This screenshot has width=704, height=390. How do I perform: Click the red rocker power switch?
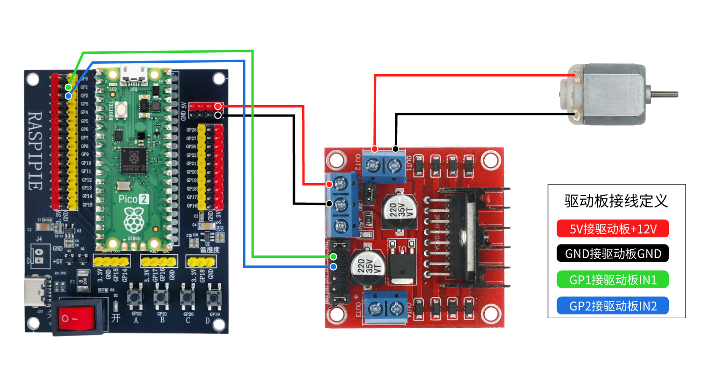point(79,317)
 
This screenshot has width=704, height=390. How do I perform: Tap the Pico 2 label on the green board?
point(133,199)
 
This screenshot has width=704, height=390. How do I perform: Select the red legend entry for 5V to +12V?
point(613,229)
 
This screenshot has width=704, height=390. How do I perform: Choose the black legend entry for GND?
point(613,254)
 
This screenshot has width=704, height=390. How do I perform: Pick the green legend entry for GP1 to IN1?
point(613,280)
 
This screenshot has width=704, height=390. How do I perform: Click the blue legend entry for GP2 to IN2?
point(613,306)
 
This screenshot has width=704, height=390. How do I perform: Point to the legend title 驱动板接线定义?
point(616,201)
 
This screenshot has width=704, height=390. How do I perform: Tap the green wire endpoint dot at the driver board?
point(333,257)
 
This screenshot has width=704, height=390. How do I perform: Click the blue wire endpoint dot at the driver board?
point(333,267)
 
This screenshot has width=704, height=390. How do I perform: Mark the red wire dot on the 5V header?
point(218,106)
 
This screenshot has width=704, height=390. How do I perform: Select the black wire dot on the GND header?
point(218,115)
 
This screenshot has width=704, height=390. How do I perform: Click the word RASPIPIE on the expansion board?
point(36,151)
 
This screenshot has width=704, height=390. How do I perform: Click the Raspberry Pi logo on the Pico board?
point(134,221)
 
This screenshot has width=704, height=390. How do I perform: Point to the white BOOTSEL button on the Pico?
point(121,110)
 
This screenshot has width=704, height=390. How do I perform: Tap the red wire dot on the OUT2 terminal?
point(375,149)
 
